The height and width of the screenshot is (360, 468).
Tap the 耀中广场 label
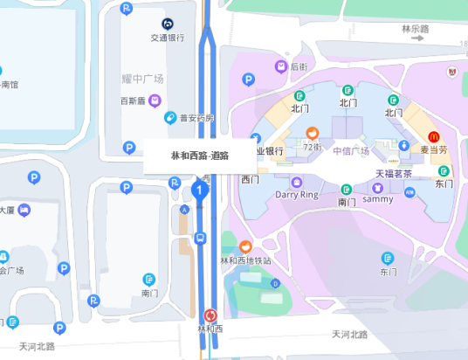click(142, 79)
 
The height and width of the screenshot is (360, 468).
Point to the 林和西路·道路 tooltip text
click(199, 156)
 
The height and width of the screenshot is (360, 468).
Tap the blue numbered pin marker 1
click(200, 189)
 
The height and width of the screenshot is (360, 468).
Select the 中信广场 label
click(351, 150)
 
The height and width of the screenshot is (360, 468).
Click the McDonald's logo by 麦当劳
click(434, 136)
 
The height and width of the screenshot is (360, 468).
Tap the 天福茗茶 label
click(393, 173)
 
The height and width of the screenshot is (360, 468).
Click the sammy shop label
click(378, 198)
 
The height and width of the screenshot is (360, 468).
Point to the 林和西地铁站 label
click(245, 260)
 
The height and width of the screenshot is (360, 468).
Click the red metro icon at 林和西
click(210, 315)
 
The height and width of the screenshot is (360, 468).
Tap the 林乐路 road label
click(416, 29)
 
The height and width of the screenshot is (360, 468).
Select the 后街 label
click(299, 66)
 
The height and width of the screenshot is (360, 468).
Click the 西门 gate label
click(251, 179)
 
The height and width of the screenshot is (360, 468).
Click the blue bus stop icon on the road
click(200, 237)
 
